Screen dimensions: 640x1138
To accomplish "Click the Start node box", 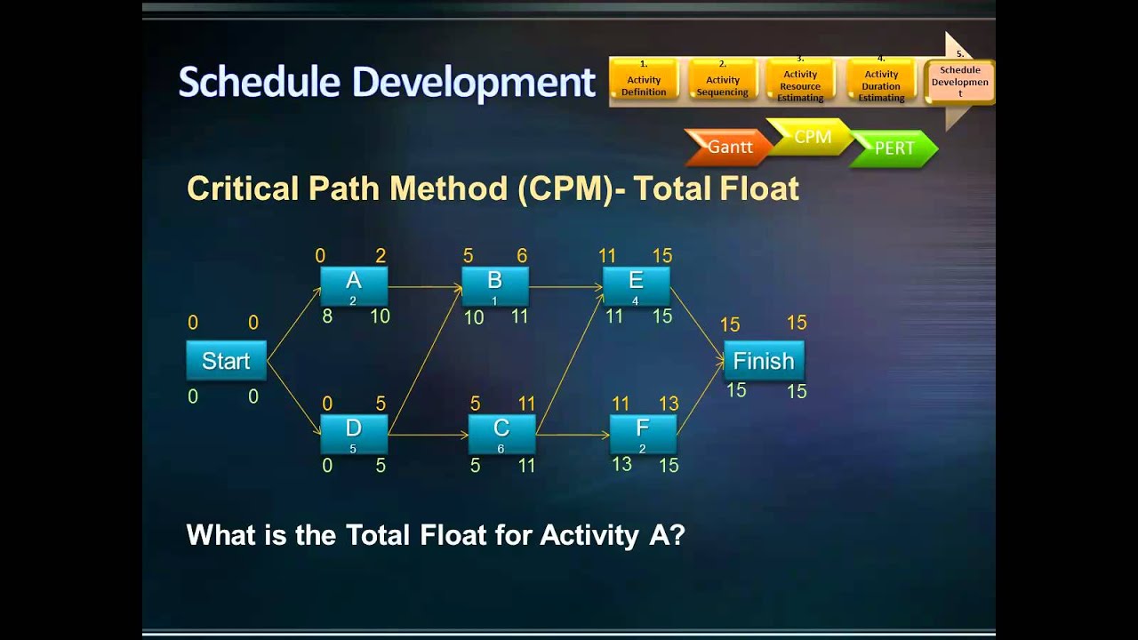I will coord(226,361).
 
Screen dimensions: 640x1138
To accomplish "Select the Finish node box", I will coord(764,361).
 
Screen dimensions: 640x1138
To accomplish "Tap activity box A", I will coord(354,286).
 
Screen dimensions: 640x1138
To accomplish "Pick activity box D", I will coord(354,434).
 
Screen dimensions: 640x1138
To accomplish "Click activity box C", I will coord(501,434).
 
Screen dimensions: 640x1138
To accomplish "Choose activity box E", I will coord(636,286).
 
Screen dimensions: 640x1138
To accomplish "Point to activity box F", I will coord(642,434).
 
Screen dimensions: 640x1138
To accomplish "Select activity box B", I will coord(494,286).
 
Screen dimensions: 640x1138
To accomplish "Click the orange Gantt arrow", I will coord(729,148).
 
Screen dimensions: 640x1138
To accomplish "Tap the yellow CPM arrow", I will coord(811,138).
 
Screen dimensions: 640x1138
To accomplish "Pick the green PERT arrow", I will coord(894,148).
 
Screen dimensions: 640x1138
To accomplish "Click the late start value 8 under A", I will coord(327,316).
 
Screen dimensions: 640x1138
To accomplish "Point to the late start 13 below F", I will coord(621,464).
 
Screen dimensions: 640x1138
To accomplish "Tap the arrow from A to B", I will coord(424,287).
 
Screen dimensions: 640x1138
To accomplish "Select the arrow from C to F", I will coord(573,435).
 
